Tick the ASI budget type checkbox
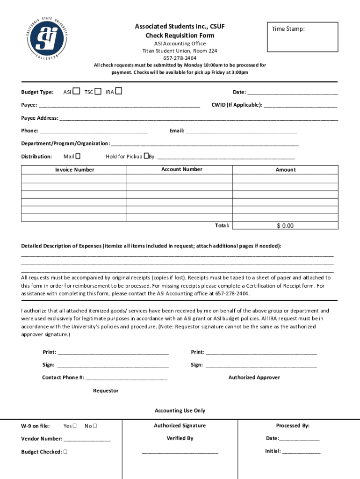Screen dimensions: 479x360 pos(76,91)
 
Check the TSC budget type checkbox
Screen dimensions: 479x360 pos(98,91)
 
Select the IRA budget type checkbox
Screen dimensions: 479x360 pos(119,91)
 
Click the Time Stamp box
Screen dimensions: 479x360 pos(302,37)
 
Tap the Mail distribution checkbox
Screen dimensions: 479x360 pos(78,156)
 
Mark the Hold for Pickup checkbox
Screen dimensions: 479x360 pos(146,156)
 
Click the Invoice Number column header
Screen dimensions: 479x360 pos(74,170)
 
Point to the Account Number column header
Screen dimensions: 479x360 pos(181,169)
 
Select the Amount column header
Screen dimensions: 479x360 pos(285,170)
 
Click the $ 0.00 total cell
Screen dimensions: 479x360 pos(285,225)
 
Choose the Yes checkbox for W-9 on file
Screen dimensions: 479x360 pos(74,426)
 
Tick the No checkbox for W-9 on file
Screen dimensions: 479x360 pos(95,426)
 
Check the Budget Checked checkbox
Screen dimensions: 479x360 pos(65,452)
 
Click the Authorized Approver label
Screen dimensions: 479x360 pos(254,377)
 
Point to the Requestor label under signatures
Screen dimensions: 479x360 pos(106,391)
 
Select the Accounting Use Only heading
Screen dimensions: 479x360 pos(180,411)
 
